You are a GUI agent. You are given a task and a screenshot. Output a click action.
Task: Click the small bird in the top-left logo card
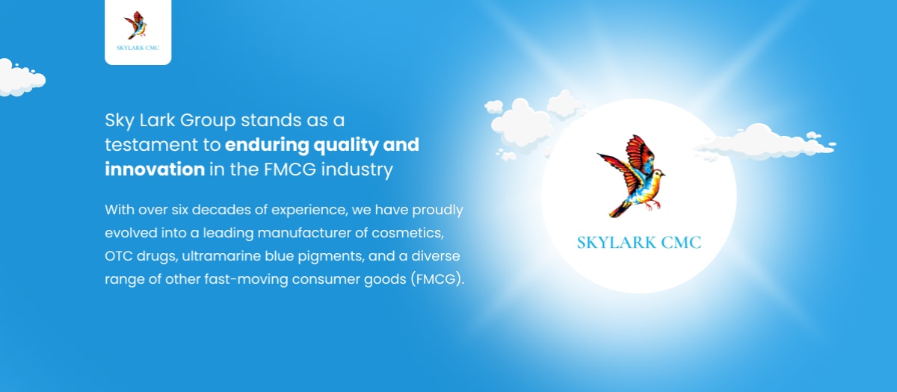click(x=136, y=25)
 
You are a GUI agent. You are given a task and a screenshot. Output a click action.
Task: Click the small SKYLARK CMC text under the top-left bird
click(x=138, y=48)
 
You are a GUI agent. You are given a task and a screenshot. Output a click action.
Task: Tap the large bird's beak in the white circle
click(x=663, y=174)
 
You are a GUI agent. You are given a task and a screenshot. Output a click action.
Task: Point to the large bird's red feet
click(x=653, y=205)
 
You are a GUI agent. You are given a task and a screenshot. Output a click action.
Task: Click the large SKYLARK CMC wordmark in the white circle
click(x=639, y=243)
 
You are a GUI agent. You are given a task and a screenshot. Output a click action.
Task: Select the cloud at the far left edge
click(x=21, y=78)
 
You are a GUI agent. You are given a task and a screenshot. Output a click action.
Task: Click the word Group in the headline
click(x=208, y=121)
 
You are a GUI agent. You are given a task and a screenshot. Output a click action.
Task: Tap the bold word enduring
click(x=267, y=145)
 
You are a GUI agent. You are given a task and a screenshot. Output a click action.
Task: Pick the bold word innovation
click(x=155, y=169)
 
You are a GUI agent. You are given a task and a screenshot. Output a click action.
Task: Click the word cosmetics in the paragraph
click(x=407, y=233)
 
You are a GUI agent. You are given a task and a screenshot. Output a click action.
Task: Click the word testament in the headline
click(x=151, y=145)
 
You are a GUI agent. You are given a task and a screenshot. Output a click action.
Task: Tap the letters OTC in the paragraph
click(x=119, y=256)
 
